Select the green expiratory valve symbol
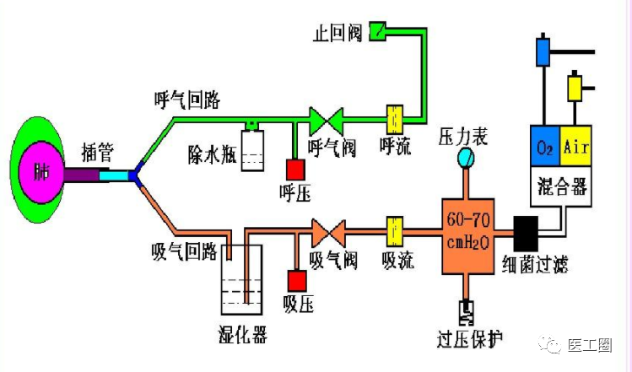click(323, 120)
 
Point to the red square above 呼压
click(294, 168)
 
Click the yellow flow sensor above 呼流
click(393, 118)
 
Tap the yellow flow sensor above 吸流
click(394, 229)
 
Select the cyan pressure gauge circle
click(465, 158)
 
